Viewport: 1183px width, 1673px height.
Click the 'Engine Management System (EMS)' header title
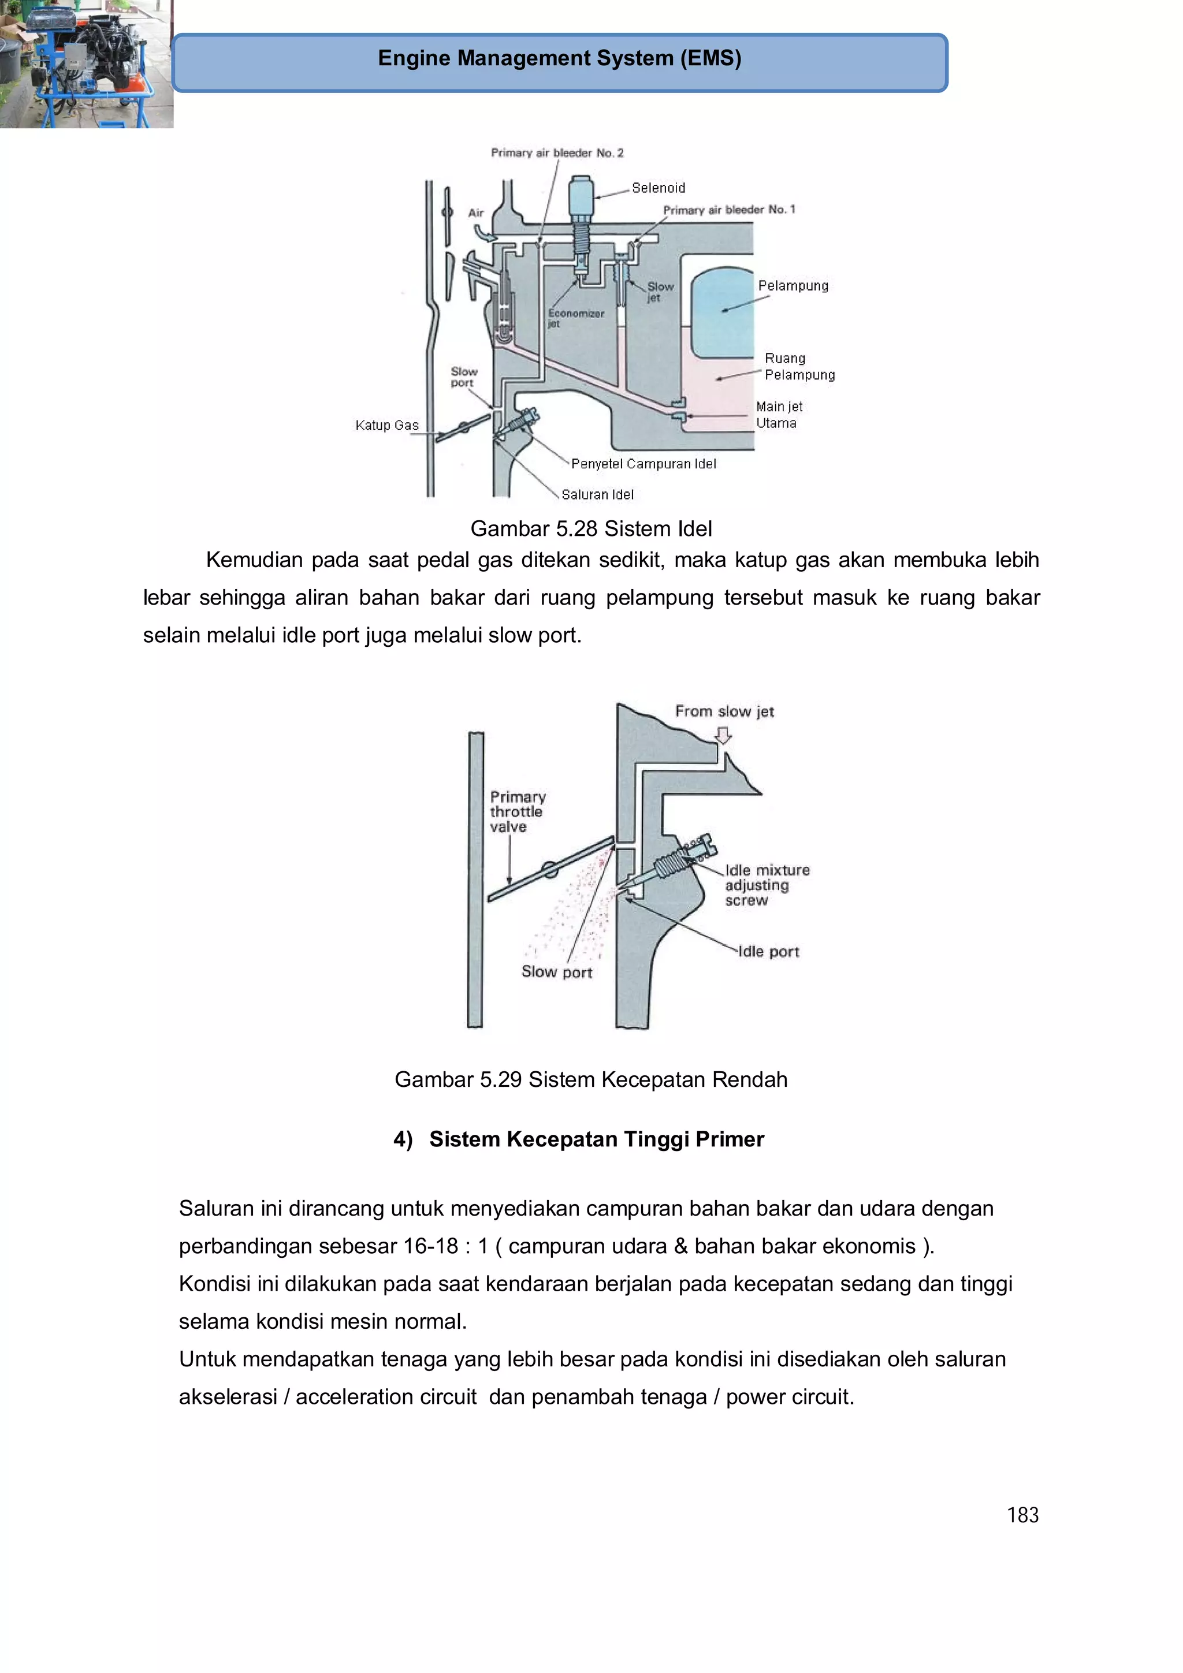coord(559,58)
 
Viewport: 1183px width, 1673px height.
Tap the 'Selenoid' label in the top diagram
coord(657,188)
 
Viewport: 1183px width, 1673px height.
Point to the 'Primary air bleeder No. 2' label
coord(557,153)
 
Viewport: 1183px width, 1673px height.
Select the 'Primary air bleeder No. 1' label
coord(728,210)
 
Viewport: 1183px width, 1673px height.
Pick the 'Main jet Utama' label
coord(779,415)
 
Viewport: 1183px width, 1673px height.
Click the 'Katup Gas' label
coord(387,426)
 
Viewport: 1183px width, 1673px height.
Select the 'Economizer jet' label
coord(575,318)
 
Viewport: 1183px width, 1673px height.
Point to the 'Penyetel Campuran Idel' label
coord(643,464)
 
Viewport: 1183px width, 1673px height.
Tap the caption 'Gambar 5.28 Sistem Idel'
coord(590,529)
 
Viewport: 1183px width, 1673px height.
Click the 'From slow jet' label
coord(724,711)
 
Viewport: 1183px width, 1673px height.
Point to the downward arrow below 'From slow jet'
coord(723,736)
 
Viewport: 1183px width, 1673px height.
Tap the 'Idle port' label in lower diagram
coord(768,952)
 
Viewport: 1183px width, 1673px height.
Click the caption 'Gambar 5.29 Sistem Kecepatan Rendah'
coord(590,1079)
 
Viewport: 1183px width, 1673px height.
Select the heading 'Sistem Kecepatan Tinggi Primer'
coord(596,1139)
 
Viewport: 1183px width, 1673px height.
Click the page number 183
coord(1022,1515)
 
